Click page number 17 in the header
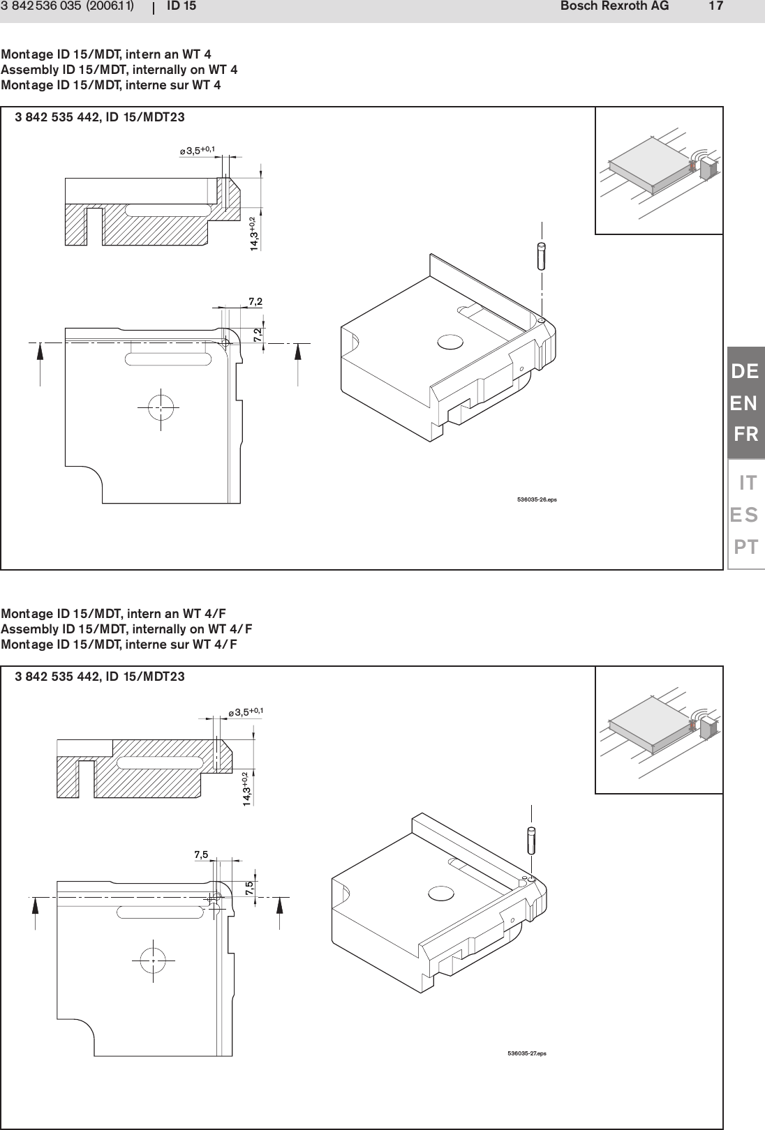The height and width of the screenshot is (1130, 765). (715, 7)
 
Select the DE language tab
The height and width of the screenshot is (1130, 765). (745, 372)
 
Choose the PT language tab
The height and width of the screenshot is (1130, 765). (745, 546)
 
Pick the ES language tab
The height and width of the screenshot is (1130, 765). (744, 515)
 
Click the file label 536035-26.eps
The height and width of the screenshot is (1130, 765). (537, 500)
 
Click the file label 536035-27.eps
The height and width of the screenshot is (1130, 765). (527, 1053)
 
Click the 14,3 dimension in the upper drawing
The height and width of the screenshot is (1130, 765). (255, 234)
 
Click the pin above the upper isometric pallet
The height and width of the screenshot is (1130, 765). (542, 254)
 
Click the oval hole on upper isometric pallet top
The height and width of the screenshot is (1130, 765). (450, 341)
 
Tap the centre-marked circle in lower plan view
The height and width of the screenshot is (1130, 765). (152, 960)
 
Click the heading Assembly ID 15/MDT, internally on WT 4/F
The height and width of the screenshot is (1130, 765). (126, 628)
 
